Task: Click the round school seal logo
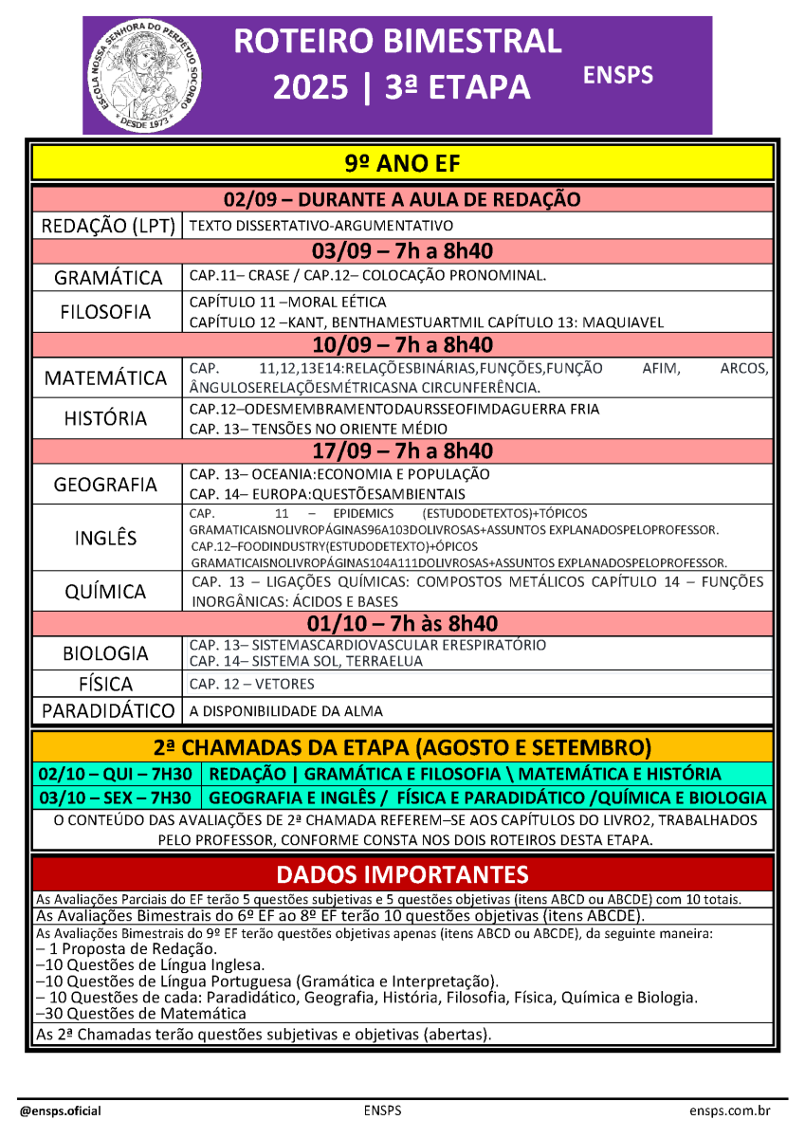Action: click(143, 77)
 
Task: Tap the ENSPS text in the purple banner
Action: click(617, 75)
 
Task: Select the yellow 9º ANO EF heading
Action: click(402, 164)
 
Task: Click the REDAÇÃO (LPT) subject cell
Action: click(107, 226)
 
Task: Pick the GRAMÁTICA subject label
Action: click(107, 278)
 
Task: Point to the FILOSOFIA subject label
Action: click(107, 312)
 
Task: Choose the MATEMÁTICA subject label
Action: click(107, 378)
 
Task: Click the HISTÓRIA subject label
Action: click(107, 418)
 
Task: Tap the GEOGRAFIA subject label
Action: click(107, 485)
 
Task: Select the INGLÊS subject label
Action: click(107, 539)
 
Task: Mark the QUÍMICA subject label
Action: click(107, 592)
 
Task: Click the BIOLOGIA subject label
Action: click(107, 653)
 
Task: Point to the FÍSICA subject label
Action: click(107, 684)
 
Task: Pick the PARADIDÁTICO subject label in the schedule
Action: click(107, 710)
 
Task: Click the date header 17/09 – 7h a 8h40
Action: click(402, 450)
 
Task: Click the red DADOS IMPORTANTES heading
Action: click(402, 873)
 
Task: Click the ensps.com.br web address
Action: click(729, 1110)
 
